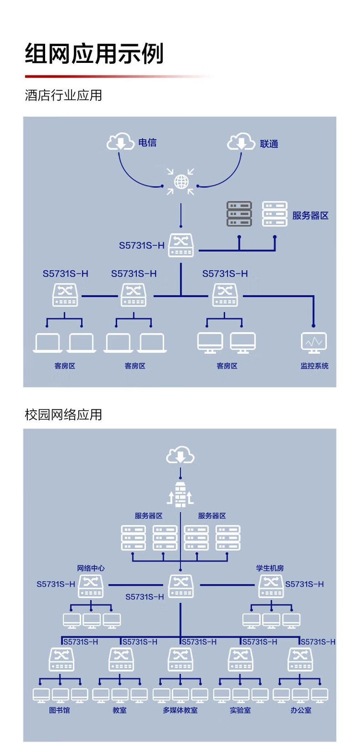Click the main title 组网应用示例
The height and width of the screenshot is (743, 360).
point(94,54)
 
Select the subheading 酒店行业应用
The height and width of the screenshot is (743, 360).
point(63,95)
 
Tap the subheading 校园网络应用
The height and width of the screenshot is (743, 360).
point(63,414)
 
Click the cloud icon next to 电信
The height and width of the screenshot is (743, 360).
point(120,142)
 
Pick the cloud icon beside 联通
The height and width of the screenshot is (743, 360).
point(241,142)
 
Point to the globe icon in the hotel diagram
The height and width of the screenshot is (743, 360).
point(181,182)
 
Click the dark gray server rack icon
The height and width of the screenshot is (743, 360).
point(239,214)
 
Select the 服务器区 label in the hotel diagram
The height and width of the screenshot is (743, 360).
point(310,216)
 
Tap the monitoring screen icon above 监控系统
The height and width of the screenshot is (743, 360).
point(314,342)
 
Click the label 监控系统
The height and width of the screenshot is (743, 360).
point(314,366)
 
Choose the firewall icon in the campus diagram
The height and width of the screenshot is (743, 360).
point(180,495)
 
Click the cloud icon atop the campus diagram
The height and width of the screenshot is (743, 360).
point(180,455)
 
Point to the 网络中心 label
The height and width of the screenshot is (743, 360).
point(91,568)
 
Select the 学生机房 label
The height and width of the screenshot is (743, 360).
point(270,568)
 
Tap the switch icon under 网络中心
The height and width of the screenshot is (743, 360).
point(91,586)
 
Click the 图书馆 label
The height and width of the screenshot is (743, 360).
point(60,710)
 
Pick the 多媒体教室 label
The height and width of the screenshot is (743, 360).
point(180,710)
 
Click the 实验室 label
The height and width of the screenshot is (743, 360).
point(240,710)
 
